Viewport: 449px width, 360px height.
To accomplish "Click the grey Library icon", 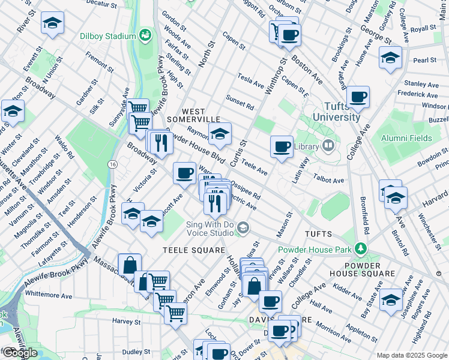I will coord(328,145).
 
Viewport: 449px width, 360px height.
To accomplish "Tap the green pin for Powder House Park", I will coord(360,248).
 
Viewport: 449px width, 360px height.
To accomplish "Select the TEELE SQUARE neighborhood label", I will coord(193,250).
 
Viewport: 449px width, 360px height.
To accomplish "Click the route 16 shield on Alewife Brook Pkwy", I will coord(112,164).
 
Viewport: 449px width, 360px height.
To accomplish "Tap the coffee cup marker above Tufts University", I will coord(358,97).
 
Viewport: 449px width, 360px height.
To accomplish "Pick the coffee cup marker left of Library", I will coord(282,146).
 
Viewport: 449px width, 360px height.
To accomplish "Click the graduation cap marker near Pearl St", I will coord(390,58).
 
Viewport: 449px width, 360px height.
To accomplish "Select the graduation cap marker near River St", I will coord(52,23).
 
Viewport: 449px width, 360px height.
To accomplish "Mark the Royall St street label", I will coord(423,28).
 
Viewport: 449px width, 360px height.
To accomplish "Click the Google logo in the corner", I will coord(19,353).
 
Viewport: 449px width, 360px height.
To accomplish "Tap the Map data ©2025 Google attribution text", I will coord(411,355).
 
